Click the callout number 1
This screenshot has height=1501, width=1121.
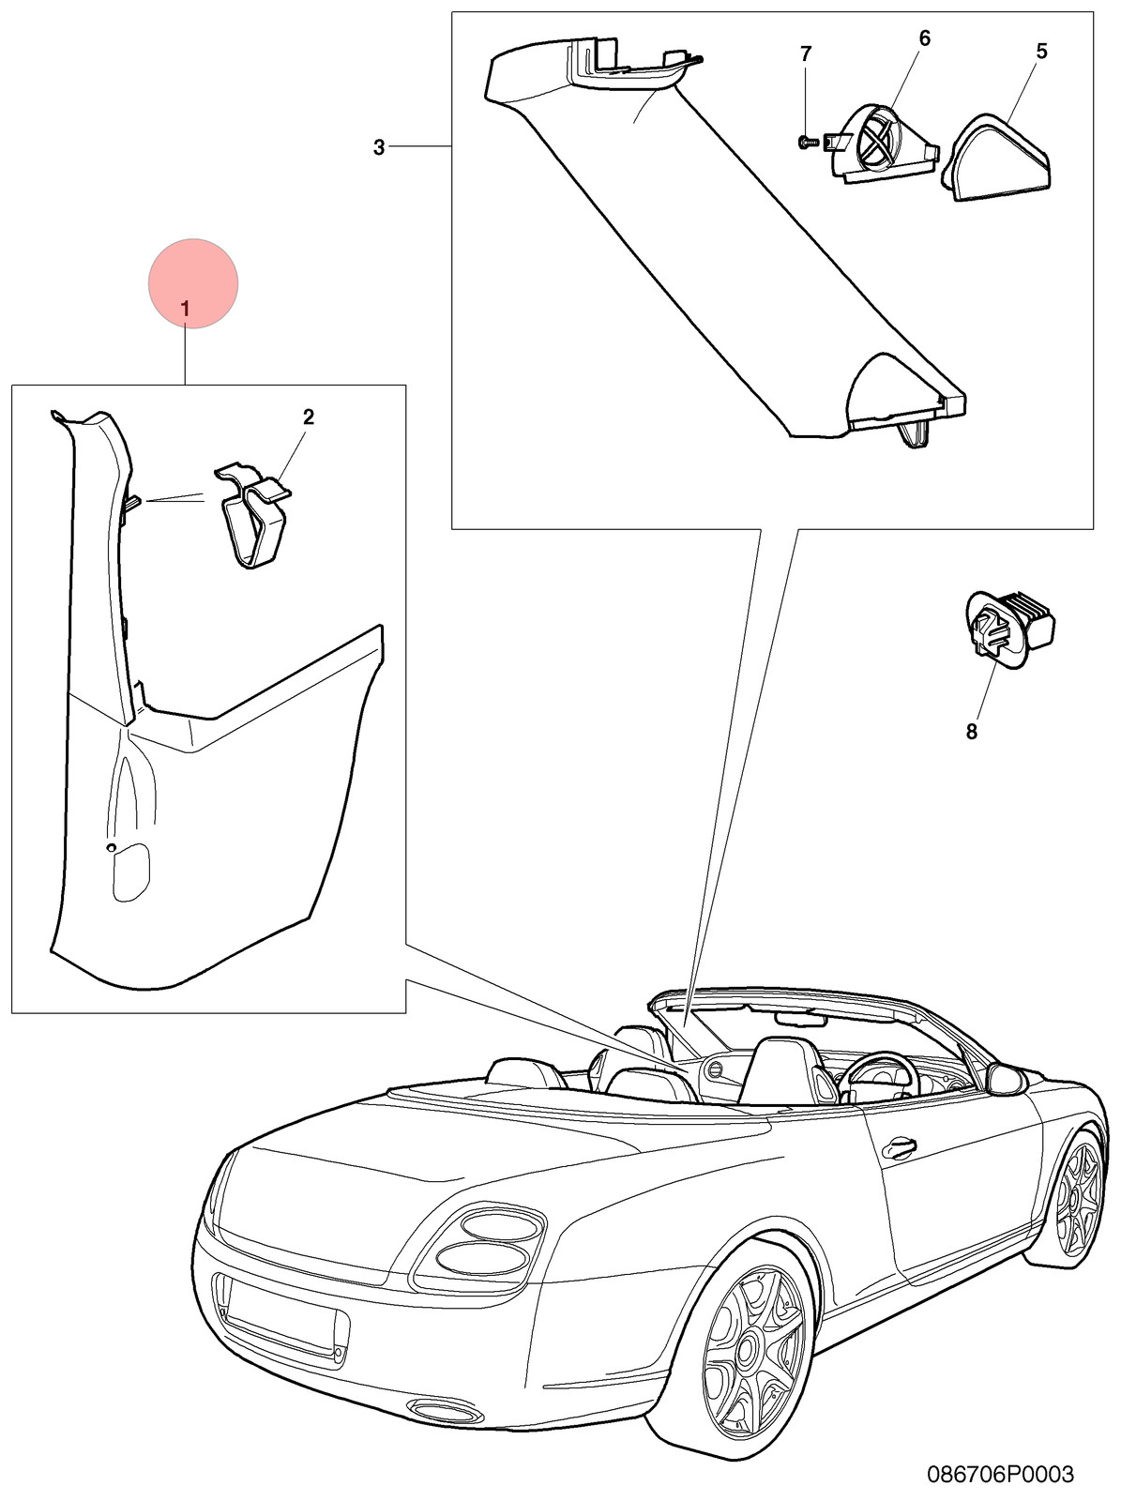click(x=185, y=310)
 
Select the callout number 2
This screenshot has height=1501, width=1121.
click(x=309, y=417)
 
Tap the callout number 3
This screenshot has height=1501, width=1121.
click(x=379, y=147)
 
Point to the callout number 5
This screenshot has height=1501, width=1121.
click(x=1041, y=51)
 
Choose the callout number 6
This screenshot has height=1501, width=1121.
click(x=925, y=38)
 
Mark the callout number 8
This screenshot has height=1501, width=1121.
click(x=971, y=732)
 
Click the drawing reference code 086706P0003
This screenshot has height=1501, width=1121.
click(x=1000, y=1475)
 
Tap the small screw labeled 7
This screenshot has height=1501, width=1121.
click(x=808, y=143)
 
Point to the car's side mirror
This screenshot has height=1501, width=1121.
click(x=1007, y=1079)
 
